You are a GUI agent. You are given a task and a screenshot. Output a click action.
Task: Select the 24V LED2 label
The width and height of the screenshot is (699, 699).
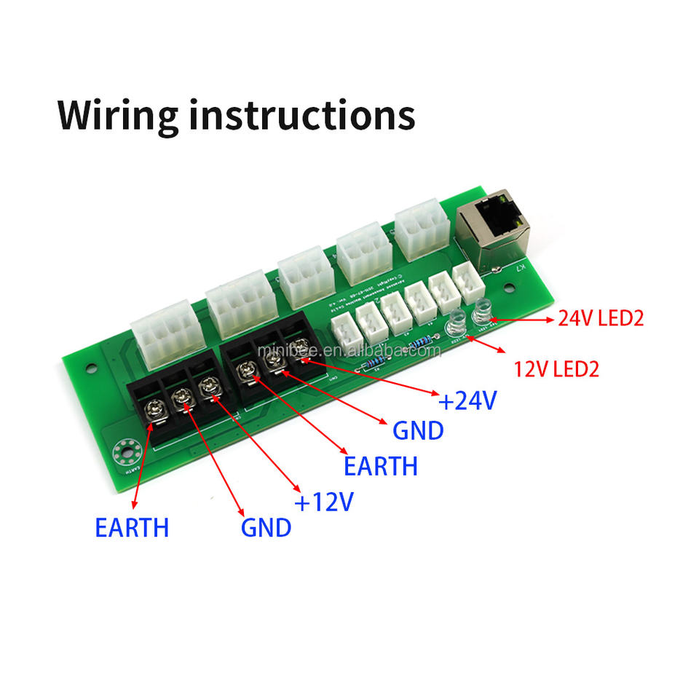point(601,318)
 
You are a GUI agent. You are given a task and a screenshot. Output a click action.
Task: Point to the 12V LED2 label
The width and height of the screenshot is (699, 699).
point(556,369)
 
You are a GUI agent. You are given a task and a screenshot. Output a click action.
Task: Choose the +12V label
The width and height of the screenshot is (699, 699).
point(323,502)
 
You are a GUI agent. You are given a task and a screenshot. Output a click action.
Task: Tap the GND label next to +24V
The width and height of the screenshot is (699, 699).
point(418,430)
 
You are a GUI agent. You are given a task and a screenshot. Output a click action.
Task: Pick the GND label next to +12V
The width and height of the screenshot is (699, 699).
point(266,527)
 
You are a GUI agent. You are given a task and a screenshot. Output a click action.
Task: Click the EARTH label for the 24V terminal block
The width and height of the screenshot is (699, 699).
point(381,465)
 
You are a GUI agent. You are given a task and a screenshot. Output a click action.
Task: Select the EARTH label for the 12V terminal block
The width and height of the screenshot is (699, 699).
point(132,526)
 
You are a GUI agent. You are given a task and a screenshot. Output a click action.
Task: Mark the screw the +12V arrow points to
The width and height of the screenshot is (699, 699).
point(210,386)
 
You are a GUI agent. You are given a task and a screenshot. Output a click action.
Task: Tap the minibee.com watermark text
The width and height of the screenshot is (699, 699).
point(349,351)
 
